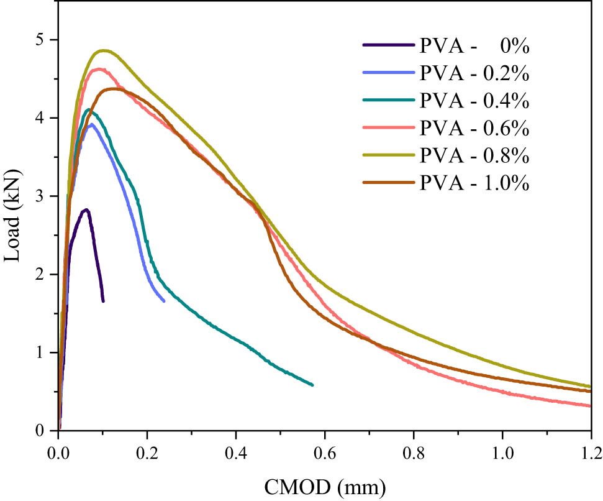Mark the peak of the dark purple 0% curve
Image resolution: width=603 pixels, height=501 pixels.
pos(86,209)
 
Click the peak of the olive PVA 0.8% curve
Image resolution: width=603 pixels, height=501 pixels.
pos(103,50)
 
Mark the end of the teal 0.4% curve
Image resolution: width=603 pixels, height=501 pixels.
pos(312,385)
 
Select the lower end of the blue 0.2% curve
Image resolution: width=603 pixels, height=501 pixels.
pos(164,301)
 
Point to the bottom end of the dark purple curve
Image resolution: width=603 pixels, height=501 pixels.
pos(103,301)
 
